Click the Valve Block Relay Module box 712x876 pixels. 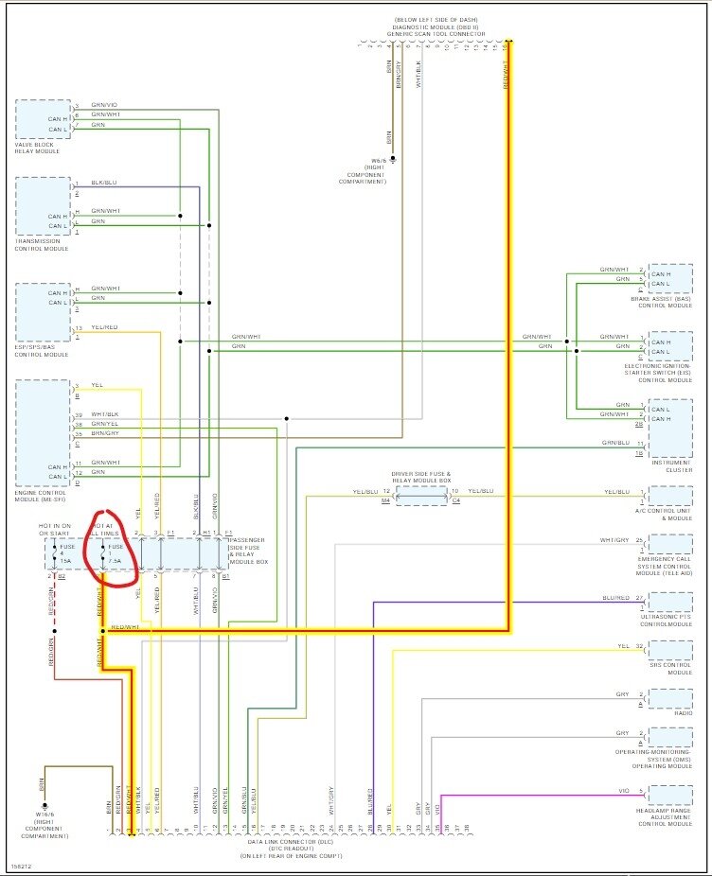pos(43,119)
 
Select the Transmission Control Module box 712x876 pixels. pos(43,205)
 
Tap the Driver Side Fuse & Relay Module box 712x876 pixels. pos(421,497)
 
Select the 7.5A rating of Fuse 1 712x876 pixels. pos(116,560)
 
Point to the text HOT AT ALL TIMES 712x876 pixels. pos(103,531)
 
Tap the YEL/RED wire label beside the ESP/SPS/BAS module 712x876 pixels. pos(104,328)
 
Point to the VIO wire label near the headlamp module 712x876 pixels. pos(623,791)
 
